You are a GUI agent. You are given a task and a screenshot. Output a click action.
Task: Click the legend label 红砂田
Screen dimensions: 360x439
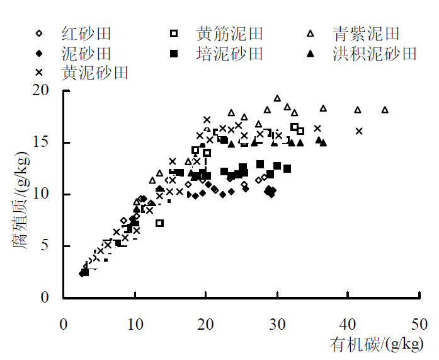(x=86, y=33)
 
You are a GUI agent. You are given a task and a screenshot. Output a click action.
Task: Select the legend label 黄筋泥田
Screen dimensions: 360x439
(x=229, y=33)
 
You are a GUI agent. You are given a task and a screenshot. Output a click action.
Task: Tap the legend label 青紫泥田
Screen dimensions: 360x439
(x=365, y=33)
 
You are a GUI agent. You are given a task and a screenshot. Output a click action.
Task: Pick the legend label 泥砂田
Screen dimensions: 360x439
(x=86, y=53)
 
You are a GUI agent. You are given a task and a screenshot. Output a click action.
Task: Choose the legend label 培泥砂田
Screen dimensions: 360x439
(x=229, y=53)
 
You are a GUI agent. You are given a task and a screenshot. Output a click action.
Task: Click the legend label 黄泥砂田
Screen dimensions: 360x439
(x=94, y=73)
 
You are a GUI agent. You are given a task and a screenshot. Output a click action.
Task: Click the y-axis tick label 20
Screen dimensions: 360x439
(x=42, y=91)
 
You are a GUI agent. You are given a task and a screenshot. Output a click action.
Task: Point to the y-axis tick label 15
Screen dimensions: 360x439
(x=42, y=142)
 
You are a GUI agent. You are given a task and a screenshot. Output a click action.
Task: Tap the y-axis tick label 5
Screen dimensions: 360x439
(x=45, y=246)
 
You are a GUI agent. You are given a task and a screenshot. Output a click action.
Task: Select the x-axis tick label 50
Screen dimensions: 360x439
(x=419, y=324)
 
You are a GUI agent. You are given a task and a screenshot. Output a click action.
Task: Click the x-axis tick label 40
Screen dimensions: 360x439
(x=348, y=324)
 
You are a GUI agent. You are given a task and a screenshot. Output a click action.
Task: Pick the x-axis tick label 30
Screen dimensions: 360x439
(x=277, y=324)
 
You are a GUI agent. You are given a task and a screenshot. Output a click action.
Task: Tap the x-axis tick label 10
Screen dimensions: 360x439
(x=134, y=324)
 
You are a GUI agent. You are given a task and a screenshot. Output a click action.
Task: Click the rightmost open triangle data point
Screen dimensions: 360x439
(x=385, y=110)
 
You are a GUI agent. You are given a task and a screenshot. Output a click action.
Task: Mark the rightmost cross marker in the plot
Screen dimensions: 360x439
(x=359, y=131)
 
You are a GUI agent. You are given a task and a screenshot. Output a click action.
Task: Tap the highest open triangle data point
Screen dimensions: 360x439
(x=277, y=98)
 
